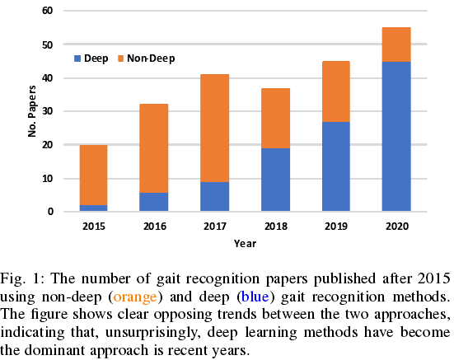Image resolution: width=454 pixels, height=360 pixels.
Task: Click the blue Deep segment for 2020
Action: click(x=396, y=137)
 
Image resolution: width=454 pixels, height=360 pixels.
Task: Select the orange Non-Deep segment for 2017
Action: click(x=214, y=128)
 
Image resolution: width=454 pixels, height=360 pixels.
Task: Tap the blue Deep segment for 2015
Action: click(x=93, y=208)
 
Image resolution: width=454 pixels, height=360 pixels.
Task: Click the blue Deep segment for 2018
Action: click(x=275, y=180)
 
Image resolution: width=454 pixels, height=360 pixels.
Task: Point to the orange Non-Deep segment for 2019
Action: click(x=335, y=91)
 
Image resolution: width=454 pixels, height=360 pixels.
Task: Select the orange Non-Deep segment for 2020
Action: click(x=396, y=44)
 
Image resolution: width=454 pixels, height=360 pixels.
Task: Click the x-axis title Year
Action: click(x=245, y=243)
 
